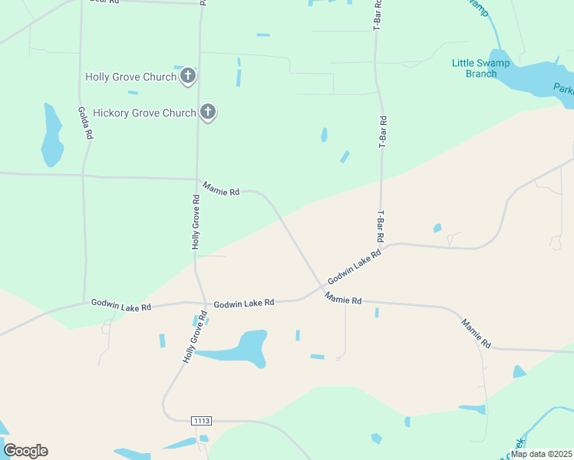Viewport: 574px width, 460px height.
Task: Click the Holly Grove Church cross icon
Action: coord(188,76)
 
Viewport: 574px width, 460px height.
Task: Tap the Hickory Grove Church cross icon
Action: coord(207,113)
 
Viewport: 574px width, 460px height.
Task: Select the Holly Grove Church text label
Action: coord(130,77)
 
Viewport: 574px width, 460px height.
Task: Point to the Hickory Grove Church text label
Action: coord(144,113)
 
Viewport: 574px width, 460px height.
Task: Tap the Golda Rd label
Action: coord(85,122)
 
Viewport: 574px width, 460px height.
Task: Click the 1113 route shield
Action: coord(201,421)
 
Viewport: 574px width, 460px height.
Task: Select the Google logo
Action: coord(25,451)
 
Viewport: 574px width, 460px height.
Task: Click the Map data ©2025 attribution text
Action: coord(542,454)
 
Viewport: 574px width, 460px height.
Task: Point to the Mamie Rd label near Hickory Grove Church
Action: coord(221,189)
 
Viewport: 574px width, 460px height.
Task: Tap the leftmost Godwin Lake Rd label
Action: coord(121,305)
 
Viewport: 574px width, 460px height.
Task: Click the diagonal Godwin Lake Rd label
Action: coord(355,267)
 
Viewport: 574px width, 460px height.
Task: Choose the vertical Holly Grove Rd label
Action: coord(196,222)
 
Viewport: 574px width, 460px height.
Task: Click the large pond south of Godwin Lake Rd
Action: coord(243,350)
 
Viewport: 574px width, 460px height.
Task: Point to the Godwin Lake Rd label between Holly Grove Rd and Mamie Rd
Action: coord(244,304)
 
